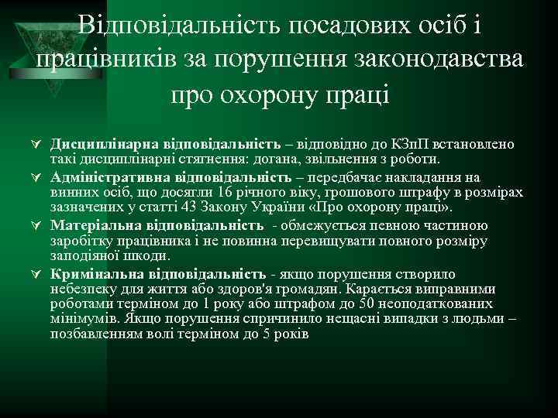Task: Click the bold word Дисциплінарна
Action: (x=96, y=145)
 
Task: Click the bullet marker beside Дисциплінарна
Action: (x=36, y=145)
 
